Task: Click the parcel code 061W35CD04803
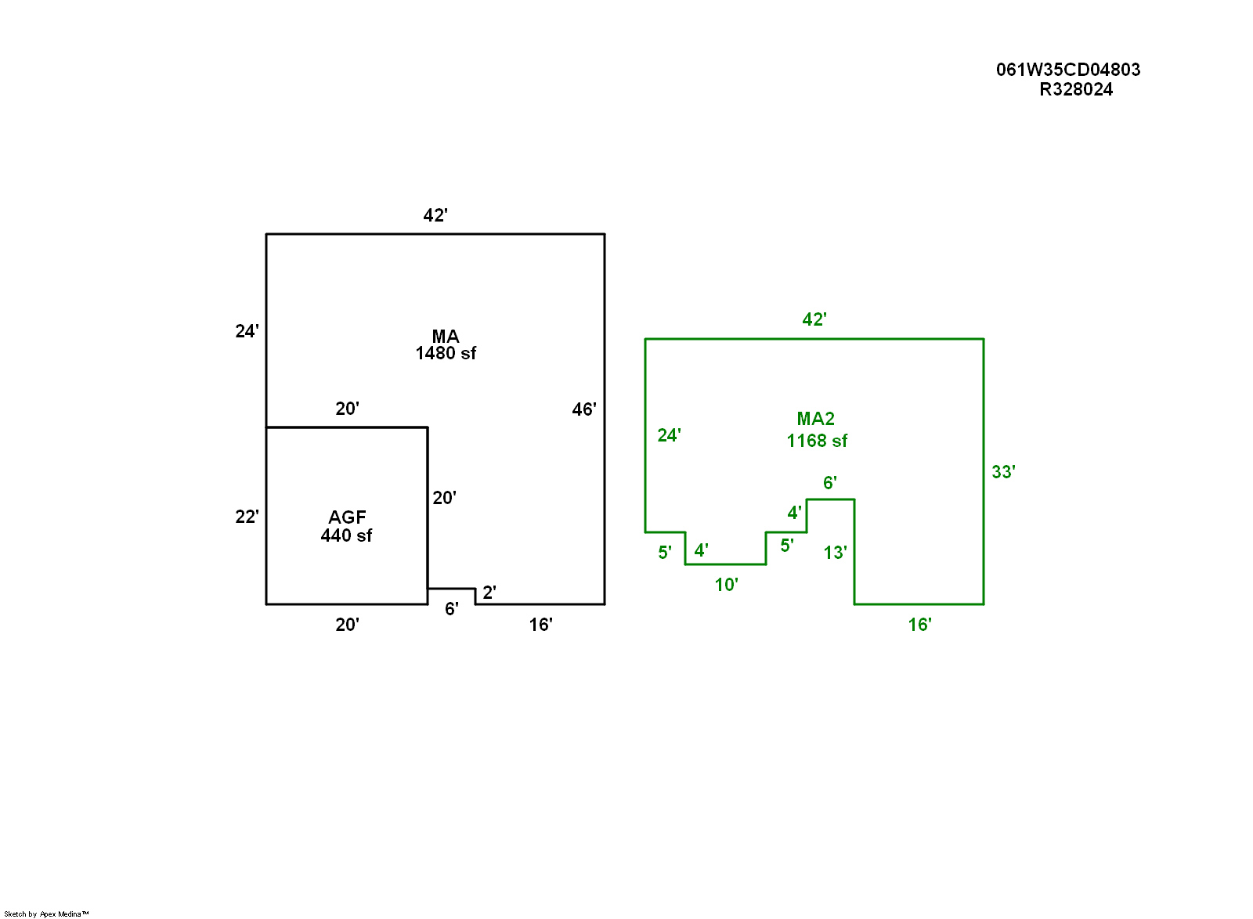pos(1068,70)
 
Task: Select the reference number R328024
pos(1076,89)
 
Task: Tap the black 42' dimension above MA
pos(435,214)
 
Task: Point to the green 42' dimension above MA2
pos(814,319)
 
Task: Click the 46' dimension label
pos(584,409)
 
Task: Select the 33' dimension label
pos(1003,472)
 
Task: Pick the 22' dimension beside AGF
pos(247,517)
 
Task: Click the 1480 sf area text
pos(446,353)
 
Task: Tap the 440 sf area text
pos(346,535)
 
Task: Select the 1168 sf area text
pos(817,441)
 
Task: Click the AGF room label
pos(347,517)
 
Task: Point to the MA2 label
pos(815,419)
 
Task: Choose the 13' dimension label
pos(835,553)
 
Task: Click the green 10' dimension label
pos(726,585)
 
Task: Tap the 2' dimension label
pos(489,593)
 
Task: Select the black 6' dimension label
pos(451,609)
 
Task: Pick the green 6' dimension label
pos(829,482)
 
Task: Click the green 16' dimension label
pos(919,625)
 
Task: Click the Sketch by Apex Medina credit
pos(46,914)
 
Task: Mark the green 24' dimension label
pos(669,435)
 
